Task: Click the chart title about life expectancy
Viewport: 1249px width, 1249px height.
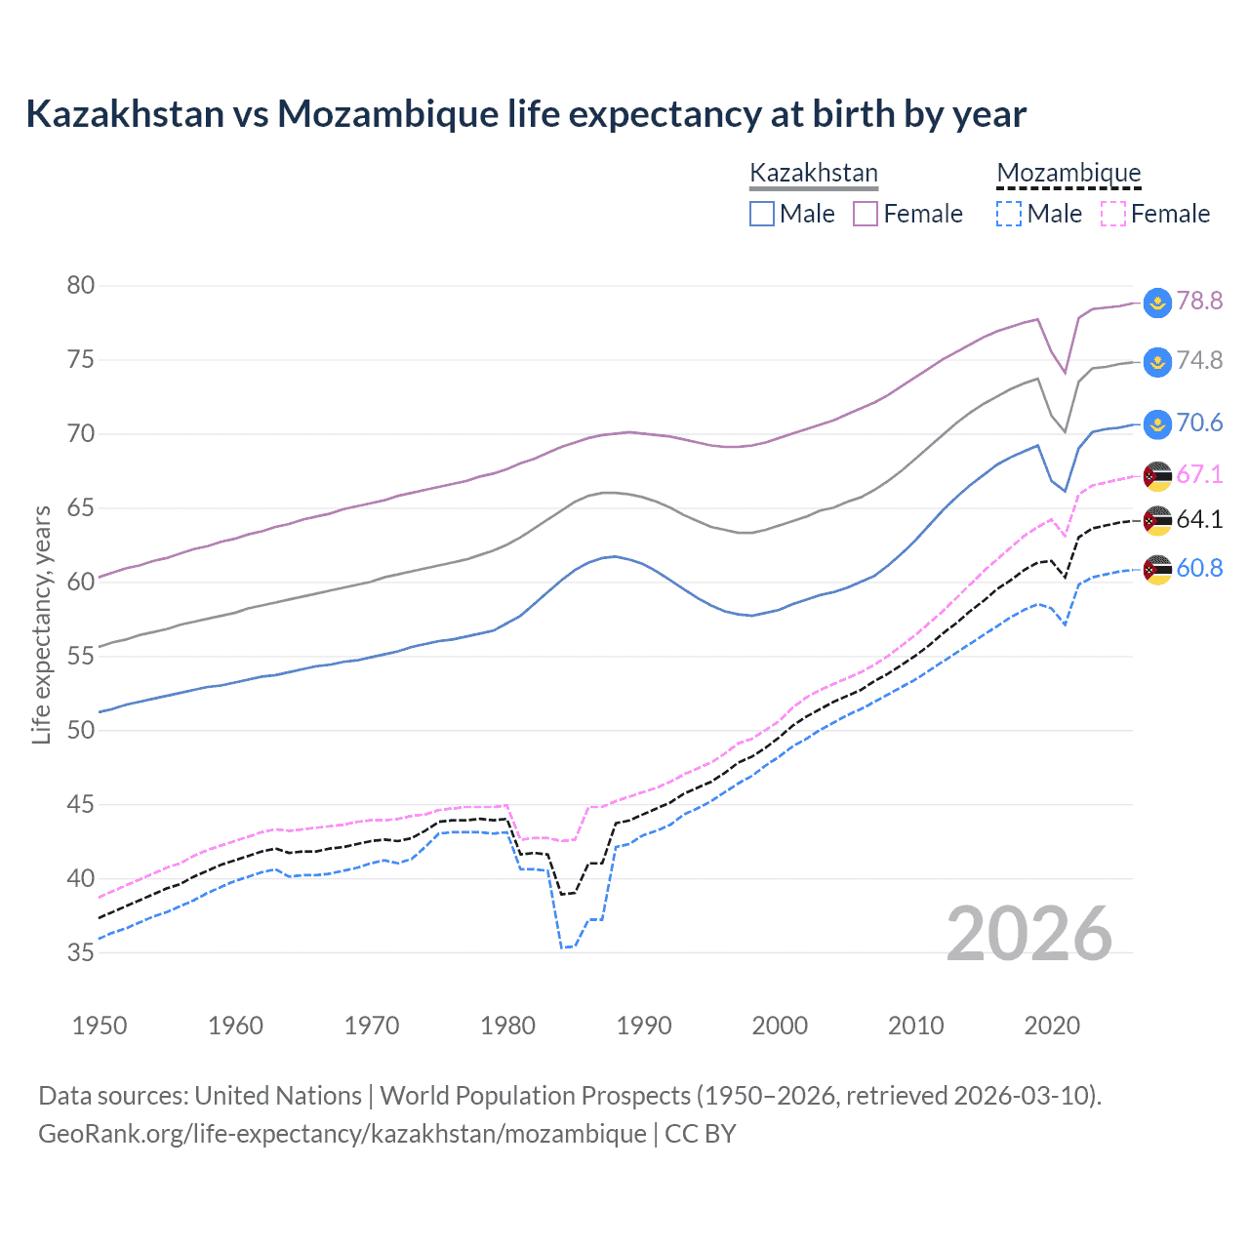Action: click(x=526, y=114)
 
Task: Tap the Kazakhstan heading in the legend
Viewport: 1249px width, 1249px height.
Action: click(x=814, y=173)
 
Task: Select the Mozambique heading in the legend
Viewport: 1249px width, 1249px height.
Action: click(x=1068, y=173)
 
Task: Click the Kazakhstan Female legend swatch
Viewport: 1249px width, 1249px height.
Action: click(x=866, y=214)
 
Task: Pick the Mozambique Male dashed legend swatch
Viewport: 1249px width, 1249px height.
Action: click(x=1009, y=214)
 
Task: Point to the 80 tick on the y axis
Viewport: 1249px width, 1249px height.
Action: click(x=81, y=286)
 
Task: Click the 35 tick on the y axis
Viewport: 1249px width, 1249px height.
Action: click(x=81, y=952)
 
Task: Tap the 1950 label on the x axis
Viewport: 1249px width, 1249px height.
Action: click(x=100, y=1026)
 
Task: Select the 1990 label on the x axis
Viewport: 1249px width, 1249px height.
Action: click(x=644, y=1026)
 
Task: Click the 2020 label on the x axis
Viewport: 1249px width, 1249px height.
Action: click(x=1052, y=1026)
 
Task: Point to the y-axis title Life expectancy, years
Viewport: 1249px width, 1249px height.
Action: click(x=41, y=624)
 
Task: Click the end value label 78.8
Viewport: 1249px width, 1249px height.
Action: click(x=1199, y=301)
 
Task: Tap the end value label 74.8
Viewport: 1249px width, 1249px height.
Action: click(x=1199, y=361)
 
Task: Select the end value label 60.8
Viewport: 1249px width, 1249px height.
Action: click(x=1199, y=568)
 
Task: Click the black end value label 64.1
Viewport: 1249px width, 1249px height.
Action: click(x=1199, y=519)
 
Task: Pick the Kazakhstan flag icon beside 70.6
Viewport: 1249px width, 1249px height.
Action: click(x=1157, y=423)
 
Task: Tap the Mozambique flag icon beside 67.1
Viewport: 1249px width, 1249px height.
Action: click(x=1157, y=475)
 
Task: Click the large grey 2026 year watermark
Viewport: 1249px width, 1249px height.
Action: click(x=1029, y=935)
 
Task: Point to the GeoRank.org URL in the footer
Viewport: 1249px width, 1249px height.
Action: click(x=342, y=1134)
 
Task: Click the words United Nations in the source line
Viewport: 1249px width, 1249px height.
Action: click(x=278, y=1096)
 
